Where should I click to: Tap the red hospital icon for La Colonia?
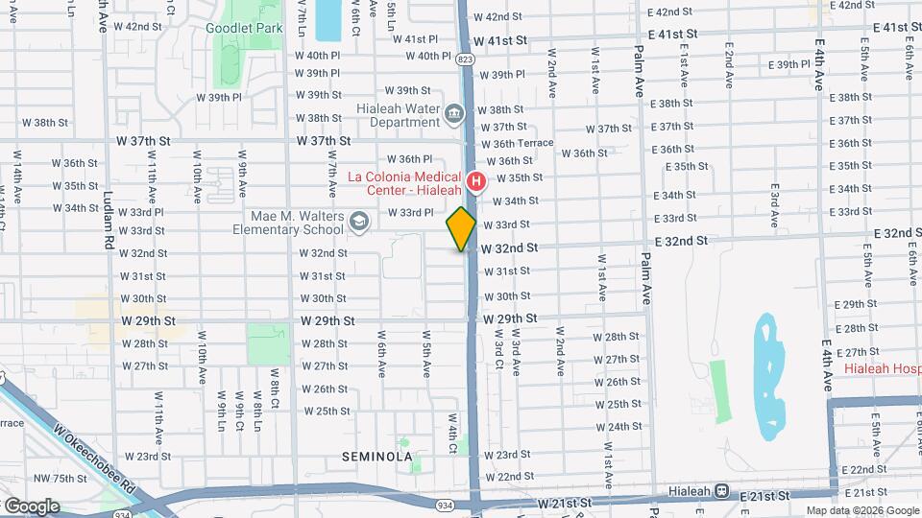point(474,180)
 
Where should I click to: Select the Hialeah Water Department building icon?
point(453,115)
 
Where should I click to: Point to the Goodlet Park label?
point(244,28)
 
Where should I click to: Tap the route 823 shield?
point(466,59)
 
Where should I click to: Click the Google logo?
point(31,506)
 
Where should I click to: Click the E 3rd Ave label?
point(773,204)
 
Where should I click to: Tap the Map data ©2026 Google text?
point(861,510)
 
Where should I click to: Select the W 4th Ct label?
point(449,433)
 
